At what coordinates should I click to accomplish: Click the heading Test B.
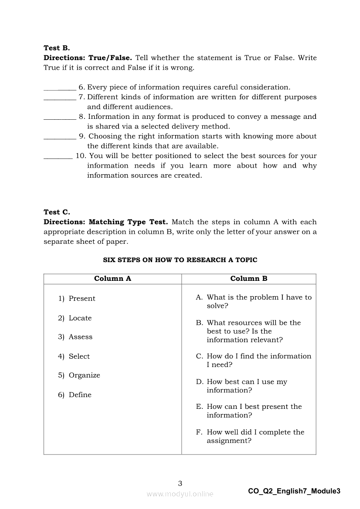[57, 48]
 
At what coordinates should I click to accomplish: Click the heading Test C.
[57, 212]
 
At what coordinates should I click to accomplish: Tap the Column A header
[112, 279]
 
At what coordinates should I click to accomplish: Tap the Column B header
[249, 279]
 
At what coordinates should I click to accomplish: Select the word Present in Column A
[82, 299]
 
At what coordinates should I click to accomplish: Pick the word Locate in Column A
[80, 318]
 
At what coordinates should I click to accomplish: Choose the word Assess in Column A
[81, 337]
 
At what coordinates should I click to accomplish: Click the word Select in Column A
[79, 357]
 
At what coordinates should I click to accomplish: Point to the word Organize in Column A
[85, 375]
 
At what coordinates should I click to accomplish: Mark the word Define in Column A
[80, 395]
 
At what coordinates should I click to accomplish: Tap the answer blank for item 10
[58, 158]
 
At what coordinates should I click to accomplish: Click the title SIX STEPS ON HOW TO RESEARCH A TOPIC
[180, 260]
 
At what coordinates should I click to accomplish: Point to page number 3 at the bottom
[180, 483]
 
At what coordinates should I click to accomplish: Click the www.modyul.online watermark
[180, 494]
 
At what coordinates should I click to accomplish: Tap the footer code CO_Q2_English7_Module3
[294, 491]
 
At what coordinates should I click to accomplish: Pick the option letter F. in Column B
[199, 432]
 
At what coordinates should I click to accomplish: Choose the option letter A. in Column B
[199, 297]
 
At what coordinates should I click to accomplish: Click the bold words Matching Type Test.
[128, 222]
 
